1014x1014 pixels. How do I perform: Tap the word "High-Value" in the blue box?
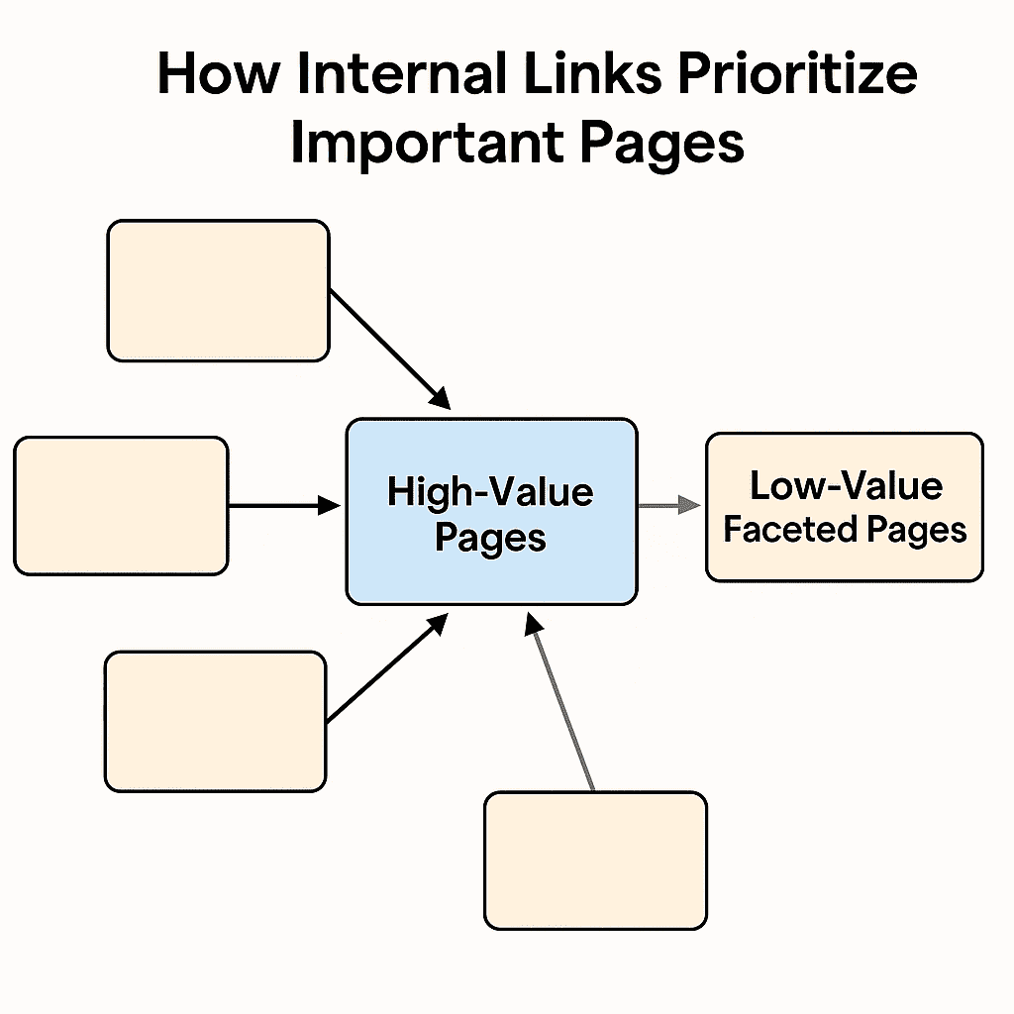(490, 492)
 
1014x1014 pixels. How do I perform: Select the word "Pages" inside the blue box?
(490, 538)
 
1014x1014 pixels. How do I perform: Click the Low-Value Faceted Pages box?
(844, 559)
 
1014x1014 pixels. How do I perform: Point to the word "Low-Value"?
(846, 486)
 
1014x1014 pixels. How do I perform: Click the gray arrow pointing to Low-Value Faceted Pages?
(670, 506)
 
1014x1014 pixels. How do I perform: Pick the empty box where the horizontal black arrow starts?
(121, 506)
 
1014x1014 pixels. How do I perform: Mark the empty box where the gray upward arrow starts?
(595, 859)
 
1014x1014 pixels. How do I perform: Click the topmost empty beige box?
(218, 290)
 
